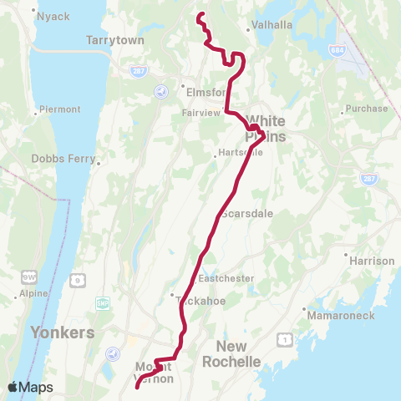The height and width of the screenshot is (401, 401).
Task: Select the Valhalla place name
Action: tap(272, 25)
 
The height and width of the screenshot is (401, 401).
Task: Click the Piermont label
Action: tap(60, 109)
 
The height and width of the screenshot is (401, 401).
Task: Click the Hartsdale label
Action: tap(240, 153)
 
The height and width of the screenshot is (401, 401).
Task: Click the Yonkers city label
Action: tap(62, 332)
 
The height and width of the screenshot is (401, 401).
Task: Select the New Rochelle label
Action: tap(238, 353)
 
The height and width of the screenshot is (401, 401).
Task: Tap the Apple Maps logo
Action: tap(31, 387)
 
